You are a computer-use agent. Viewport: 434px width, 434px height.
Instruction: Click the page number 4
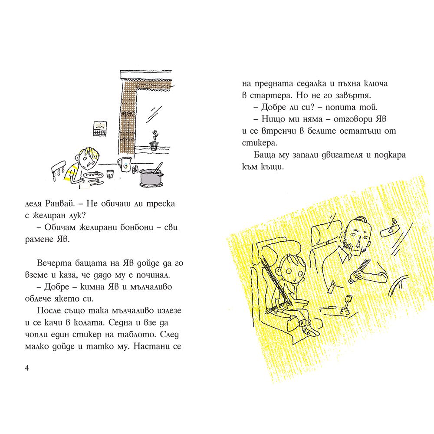pyautogui.click(x=27, y=368)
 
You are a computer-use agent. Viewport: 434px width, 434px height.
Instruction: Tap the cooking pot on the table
pyautogui.click(x=151, y=177)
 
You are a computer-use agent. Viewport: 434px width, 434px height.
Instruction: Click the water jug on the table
pyautogui.click(x=125, y=164)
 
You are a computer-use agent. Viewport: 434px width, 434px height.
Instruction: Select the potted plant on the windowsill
pyautogui.click(x=154, y=140)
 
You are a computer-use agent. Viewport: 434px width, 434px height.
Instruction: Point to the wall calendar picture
pyautogui.click(x=100, y=129)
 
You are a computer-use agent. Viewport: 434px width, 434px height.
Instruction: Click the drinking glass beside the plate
pyautogui.click(x=110, y=174)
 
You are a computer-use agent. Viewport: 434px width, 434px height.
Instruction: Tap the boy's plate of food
pyautogui.click(x=93, y=175)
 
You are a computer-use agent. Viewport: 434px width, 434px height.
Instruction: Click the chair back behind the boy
pyautogui.click(x=59, y=170)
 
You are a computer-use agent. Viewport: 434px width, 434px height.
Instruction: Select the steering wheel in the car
pyautogui.click(x=399, y=285)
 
